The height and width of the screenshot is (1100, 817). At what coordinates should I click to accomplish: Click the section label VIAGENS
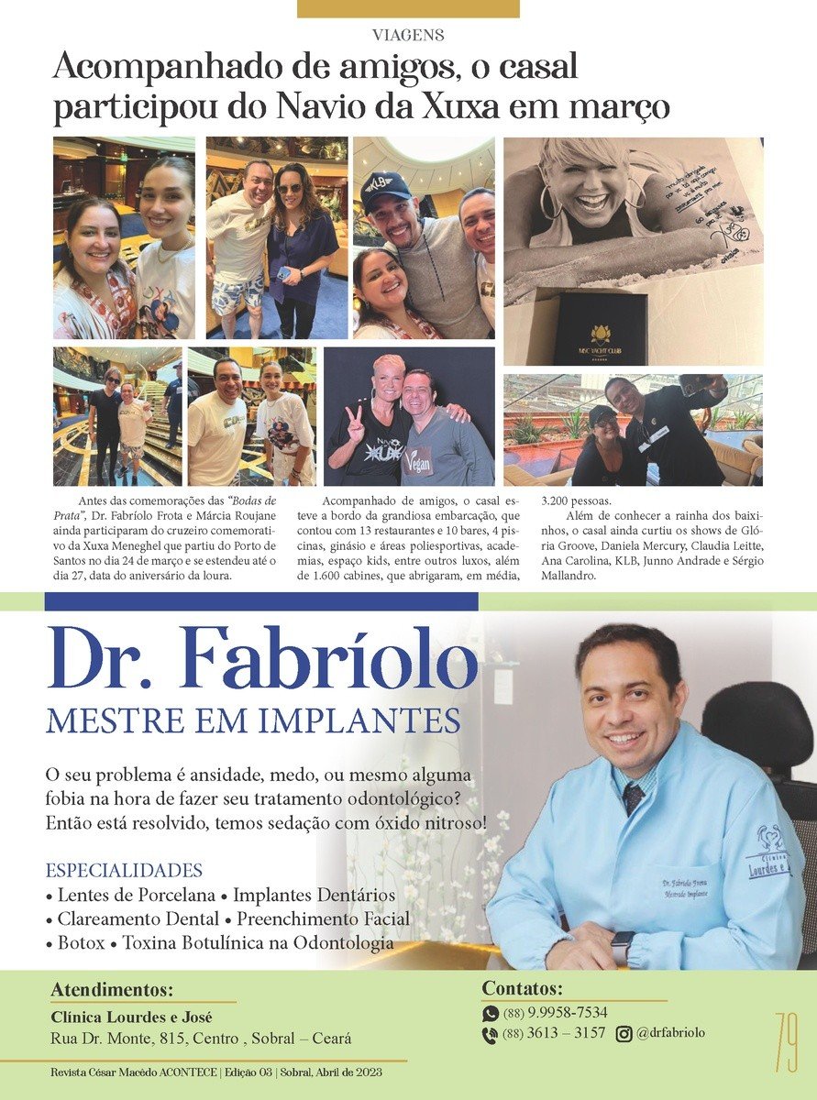click(x=408, y=36)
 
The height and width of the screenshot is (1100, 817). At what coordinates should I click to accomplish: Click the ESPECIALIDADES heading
click(x=124, y=870)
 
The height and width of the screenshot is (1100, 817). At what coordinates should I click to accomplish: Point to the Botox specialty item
click(x=76, y=942)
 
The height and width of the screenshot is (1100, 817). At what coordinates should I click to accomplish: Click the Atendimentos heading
click(x=112, y=990)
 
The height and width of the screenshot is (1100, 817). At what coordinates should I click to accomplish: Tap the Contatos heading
click(x=522, y=988)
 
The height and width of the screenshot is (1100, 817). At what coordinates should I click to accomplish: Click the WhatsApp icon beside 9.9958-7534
click(x=491, y=1014)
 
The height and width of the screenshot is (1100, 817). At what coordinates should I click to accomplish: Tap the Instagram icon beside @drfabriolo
click(x=624, y=1034)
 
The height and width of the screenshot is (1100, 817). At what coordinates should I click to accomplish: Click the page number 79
click(x=786, y=1041)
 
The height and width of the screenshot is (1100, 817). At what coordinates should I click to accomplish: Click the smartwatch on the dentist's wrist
click(x=623, y=946)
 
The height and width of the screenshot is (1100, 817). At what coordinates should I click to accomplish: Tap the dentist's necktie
click(x=634, y=797)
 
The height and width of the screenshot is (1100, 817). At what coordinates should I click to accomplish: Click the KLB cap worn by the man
click(x=385, y=188)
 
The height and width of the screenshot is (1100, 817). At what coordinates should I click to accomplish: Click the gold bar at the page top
click(x=408, y=9)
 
